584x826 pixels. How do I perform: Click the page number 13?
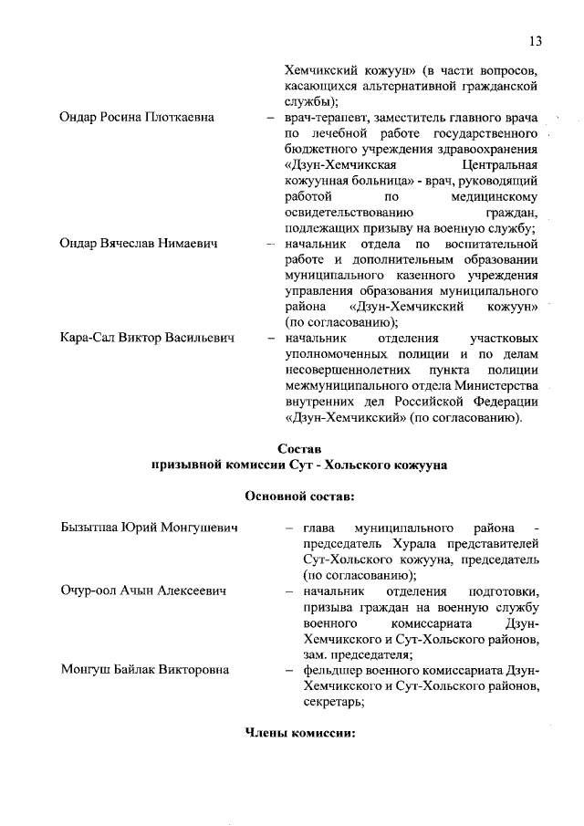point(535,40)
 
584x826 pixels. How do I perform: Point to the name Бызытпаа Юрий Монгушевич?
point(149,528)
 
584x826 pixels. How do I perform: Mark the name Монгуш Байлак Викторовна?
point(144,670)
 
